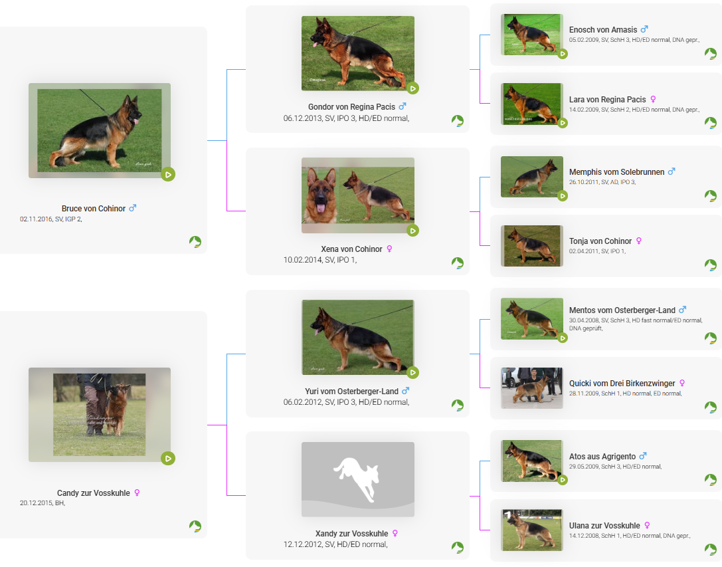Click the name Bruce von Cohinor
[94, 208]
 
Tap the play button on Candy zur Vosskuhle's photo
[168, 458]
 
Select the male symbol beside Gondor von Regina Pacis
[403, 106]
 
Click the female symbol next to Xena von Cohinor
[389, 249]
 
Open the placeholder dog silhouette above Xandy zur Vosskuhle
[358, 479]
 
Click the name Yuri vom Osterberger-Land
[351, 392]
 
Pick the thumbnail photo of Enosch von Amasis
[532, 35]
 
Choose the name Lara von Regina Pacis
[607, 100]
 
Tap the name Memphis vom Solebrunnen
[616, 172]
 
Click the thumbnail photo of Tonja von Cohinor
[532, 246]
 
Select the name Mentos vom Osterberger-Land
[622, 310]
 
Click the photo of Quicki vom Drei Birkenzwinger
[532, 388]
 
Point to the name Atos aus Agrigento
[602, 457]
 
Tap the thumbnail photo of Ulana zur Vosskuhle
[532, 530]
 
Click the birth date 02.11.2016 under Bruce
[36, 219]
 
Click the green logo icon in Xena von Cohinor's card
[457, 263]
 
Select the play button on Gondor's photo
[412, 88]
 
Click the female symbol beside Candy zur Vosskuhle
[137, 493]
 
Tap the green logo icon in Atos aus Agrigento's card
[711, 480]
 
